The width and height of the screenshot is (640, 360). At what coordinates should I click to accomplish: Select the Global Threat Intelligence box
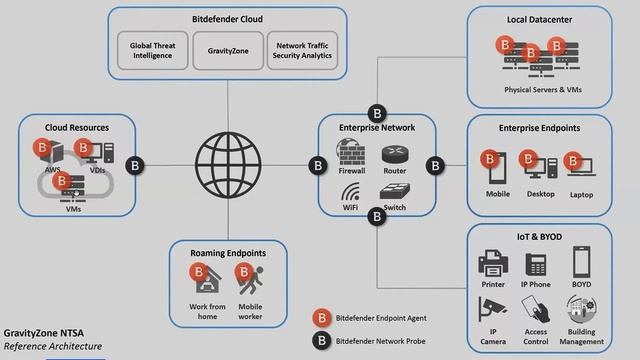pos(150,50)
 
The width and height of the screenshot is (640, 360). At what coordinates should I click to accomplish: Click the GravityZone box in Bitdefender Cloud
pos(228,50)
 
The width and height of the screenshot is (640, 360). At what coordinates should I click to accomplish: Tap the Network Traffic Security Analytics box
pos(304,50)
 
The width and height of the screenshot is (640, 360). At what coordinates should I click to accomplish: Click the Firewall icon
pos(351,154)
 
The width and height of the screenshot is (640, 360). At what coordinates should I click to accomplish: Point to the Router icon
pos(394,154)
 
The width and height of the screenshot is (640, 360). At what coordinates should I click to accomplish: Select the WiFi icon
pos(351,193)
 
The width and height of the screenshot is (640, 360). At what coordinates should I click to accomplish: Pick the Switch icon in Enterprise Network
pos(394,193)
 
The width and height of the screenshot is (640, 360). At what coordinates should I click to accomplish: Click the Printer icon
pos(493,264)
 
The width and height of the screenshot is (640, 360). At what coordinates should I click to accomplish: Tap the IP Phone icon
pos(537,264)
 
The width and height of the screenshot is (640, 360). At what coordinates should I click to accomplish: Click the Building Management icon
pos(582,309)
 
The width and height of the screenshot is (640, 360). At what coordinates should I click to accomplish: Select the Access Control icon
pos(537,309)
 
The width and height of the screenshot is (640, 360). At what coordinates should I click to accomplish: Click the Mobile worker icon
pos(249,281)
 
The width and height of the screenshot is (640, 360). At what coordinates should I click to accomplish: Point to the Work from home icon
pos(204,279)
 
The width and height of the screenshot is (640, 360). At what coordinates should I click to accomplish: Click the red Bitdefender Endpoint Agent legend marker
pos(323,317)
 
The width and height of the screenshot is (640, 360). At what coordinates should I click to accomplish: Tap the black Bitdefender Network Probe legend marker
pos(323,340)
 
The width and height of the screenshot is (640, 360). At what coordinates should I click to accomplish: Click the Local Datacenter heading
pos(539,20)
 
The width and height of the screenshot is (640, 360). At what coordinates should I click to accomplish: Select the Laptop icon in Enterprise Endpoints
pos(580,166)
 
